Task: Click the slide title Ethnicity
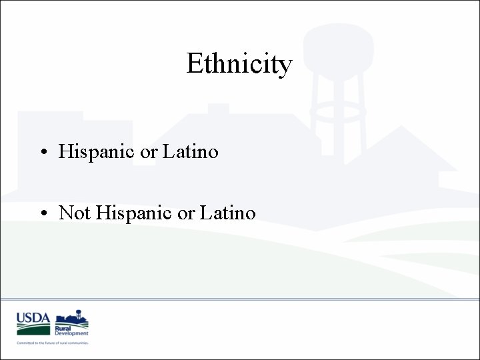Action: (239, 64)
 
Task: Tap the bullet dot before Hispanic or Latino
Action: (42, 153)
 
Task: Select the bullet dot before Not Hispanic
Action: (42, 214)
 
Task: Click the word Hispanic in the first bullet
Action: (97, 152)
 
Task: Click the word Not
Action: (75, 213)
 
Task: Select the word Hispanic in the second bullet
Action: (134, 213)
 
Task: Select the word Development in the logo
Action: (71, 333)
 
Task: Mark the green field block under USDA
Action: (33, 329)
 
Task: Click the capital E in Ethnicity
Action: (194, 64)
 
